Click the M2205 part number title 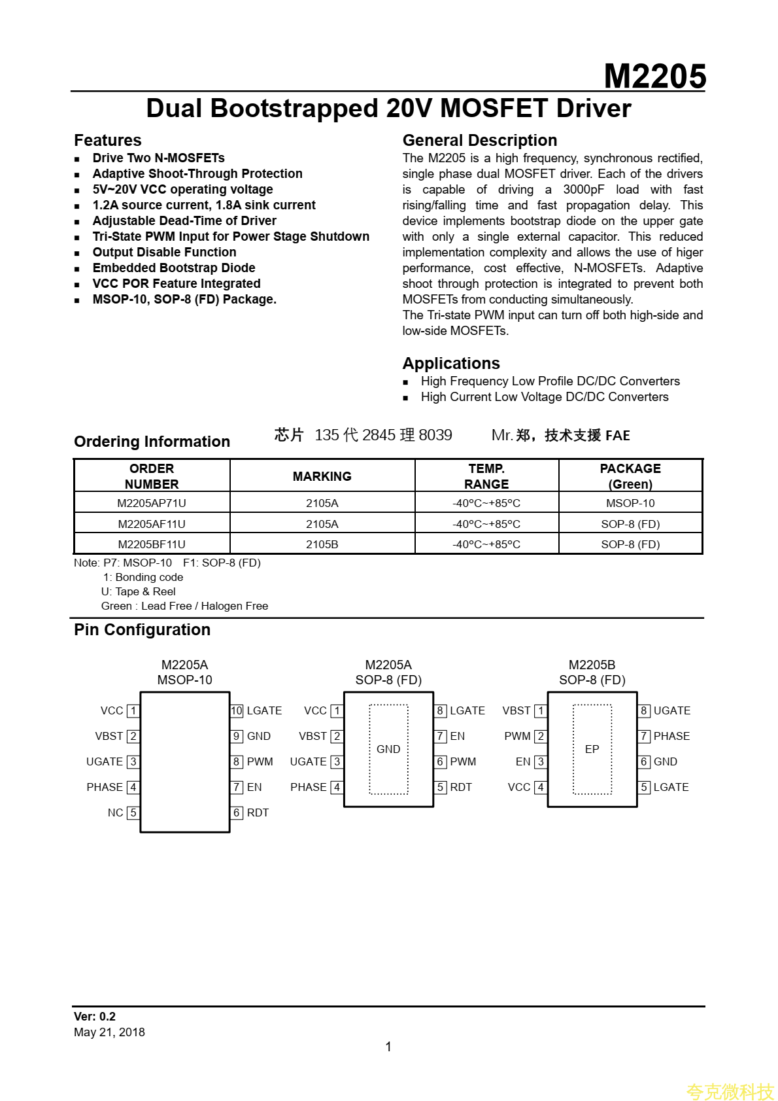[x=654, y=77]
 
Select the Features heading [x=108, y=141]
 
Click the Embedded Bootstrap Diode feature [x=174, y=268]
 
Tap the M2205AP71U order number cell [x=152, y=503]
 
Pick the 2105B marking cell [x=322, y=544]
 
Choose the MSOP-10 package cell [x=630, y=503]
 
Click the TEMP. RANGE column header [x=486, y=476]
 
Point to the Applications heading [x=451, y=364]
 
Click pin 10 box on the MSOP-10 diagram [x=237, y=711]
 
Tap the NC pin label [x=115, y=813]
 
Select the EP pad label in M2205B [x=592, y=750]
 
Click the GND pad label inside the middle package [x=388, y=750]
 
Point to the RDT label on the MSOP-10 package [x=258, y=813]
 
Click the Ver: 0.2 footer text [x=95, y=1017]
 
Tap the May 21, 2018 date [x=109, y=1032]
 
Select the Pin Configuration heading [x=142, y=630]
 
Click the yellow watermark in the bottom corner [x=730, y=1091]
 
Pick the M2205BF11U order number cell [x=152, y=544]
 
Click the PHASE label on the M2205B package [x=671, y=737]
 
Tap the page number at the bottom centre [x=388, y=1047]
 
